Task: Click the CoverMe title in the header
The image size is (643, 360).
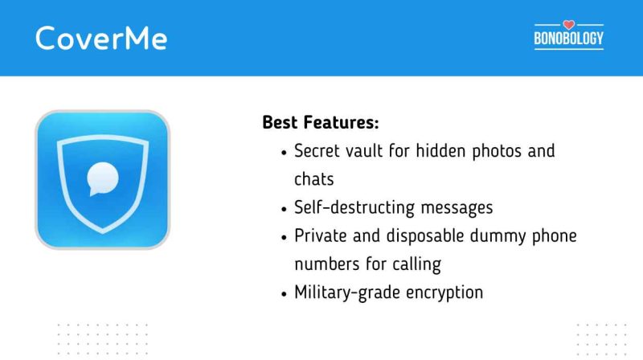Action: [101, 38]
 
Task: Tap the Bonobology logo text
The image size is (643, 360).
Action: [568, 38]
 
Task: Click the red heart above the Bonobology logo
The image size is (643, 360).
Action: [568, 24]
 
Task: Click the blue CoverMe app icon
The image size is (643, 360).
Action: [102, 178]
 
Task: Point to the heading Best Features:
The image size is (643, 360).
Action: [320, 124]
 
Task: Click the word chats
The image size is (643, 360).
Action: [313, 178]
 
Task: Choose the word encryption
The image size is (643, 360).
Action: [444, 292]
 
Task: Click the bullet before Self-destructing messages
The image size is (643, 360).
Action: [285, 208]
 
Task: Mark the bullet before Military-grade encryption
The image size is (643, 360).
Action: [285, 292]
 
